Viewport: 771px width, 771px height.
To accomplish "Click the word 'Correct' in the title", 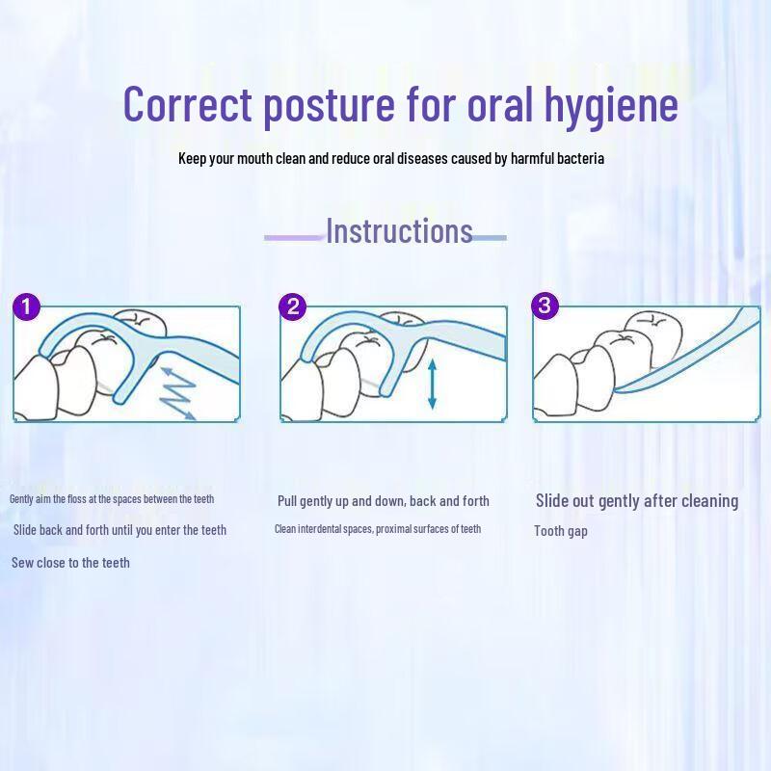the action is [x=187, y=104].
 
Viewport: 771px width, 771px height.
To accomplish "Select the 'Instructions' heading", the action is [x=399, y=230].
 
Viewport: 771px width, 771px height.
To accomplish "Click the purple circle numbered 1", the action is [x=26, y=307].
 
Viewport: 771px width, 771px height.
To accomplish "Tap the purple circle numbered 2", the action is [x=293, y=307].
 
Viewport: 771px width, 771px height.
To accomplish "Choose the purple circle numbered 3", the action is [x=545, y=306].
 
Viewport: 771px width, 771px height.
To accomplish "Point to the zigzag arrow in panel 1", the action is [x=176, y=392].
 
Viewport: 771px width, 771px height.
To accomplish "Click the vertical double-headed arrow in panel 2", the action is [x=432, y=384].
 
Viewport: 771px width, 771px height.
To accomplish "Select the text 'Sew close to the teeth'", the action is [x=70, y=563].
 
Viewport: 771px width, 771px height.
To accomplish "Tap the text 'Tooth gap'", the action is [x=561, y=532].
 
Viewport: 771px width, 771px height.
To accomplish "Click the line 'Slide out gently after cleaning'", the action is [x=637, y=501].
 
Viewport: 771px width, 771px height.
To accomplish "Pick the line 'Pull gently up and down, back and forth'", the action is [x=384, y=501].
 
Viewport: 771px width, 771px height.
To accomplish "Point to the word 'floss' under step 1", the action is [x=77, y=499].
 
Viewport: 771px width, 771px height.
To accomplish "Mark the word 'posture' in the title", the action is [x=329, y=106].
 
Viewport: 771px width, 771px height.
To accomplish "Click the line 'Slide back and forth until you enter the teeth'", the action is [x=120, y=530].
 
